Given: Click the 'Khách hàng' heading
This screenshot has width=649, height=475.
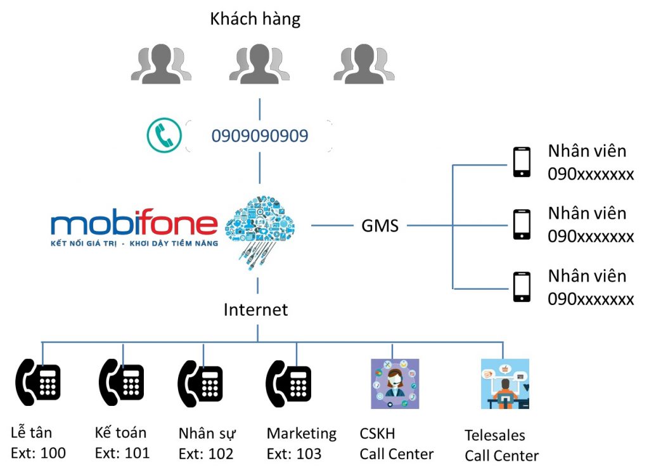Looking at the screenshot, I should point(255,20).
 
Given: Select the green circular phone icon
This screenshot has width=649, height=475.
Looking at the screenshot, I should point(164,136).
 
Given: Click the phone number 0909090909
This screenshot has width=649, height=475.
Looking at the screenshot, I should point(260,136).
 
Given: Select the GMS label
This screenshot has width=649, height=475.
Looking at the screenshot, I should point(380,226).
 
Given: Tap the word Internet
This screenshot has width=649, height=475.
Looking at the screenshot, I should point(256,309).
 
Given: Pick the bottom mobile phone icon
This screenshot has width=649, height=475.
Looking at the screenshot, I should point(522,287).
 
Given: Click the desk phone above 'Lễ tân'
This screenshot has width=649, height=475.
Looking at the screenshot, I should point(38,382).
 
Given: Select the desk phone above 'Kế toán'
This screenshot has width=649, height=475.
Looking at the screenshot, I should point(121,382).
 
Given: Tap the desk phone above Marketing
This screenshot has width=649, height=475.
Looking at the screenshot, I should point(288,382).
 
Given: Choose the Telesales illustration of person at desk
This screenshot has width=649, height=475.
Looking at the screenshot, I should point(504,384).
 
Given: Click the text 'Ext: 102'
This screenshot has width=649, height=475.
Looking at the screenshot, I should point(206,454).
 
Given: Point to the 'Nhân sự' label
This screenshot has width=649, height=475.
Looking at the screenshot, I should point(207,434).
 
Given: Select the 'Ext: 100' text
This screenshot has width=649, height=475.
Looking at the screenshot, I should point(39,453).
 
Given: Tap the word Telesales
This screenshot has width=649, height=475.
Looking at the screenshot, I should point(495,436).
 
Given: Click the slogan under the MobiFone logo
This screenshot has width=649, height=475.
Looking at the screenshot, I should point(134,244).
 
